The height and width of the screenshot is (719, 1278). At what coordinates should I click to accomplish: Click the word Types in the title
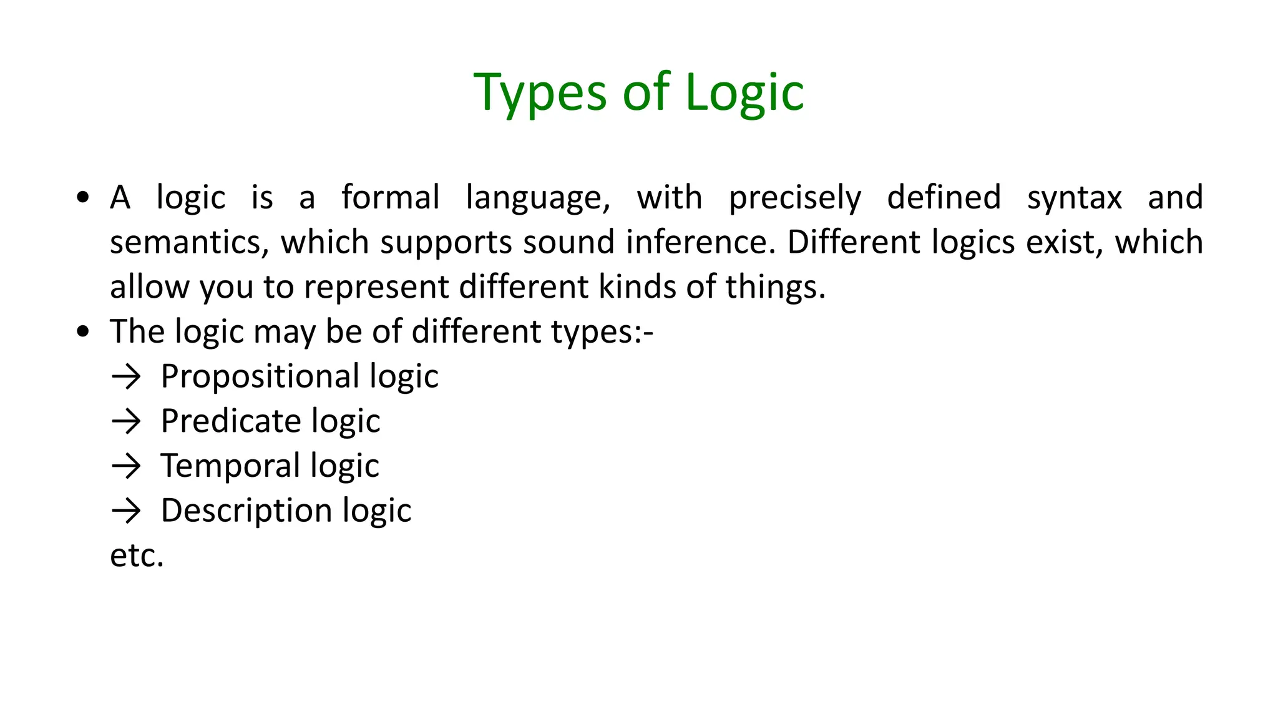(x=540, y=94)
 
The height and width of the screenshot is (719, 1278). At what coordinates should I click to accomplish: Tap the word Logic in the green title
(x=744, y=94)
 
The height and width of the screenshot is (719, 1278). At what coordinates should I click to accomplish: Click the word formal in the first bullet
(x=391, y=198)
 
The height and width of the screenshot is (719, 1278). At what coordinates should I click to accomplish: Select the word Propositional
(x=260, y=377)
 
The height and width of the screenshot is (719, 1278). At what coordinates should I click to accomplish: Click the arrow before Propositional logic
(x=127, y=377)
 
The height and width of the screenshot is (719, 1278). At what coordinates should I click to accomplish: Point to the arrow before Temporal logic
(x=127, y=466)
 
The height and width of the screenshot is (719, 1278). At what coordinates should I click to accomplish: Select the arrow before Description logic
(x=127, y=511)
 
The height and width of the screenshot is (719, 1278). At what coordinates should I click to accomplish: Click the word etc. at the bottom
(x=137, y=555)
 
